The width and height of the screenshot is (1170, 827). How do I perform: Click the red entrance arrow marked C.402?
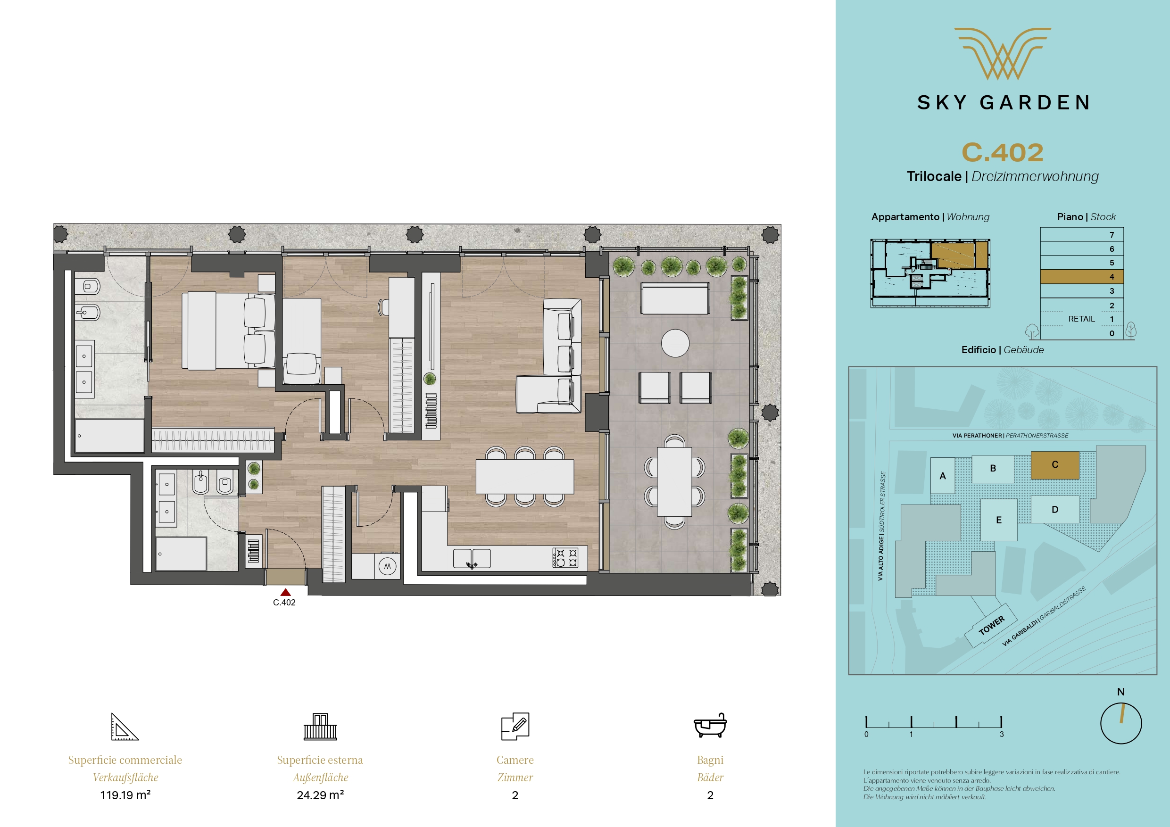pos(285,592)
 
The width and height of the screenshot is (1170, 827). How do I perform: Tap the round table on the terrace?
pos(675,343)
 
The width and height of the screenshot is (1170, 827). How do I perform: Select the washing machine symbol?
pos(387,566)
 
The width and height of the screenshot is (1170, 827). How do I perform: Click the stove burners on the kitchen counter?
pos(565,557)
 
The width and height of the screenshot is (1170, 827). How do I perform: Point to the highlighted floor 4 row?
pos(1082,277)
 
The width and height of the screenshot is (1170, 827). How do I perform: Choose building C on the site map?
pos(1055,465)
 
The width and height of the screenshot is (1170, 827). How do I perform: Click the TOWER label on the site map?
pos(992,626)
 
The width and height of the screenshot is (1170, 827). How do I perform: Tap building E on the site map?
pos(999,520)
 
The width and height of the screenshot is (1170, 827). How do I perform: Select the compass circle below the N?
pos(1121,723)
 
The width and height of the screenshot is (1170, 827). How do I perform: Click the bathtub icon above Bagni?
pos(710,726)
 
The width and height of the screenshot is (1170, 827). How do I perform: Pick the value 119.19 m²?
pos(125,795)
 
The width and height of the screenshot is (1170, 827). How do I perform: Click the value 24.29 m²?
pos(320,795)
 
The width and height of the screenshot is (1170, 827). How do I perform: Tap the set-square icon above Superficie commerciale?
pos(125,727)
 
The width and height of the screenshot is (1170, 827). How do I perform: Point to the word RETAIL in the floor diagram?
pos(1081,319)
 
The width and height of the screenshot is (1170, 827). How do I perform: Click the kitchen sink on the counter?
pos(472,558)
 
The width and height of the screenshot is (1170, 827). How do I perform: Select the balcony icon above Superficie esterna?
pos(320,727)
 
